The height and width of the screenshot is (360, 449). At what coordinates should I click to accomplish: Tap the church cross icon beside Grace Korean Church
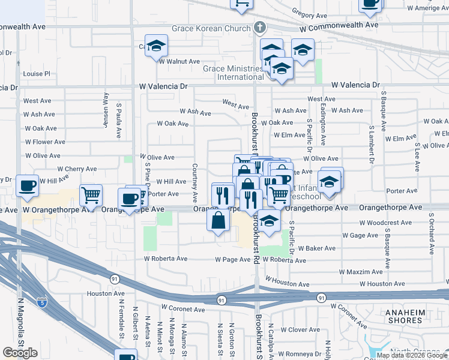pyautogui.click(x=259, y=28)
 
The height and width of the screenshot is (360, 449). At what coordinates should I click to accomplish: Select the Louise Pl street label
pyautogui.click(x=37, y=74)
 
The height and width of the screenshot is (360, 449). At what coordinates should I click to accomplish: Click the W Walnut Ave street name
pyautogui.click(x=179, y=61)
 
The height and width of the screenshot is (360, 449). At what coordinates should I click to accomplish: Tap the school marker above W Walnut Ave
pyautogui.click(x=156, y=46)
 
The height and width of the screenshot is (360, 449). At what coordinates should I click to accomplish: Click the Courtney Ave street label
pyautogui.click(x=195, y=183)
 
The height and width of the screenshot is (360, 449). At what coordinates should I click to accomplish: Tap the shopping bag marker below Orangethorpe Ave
pyautogui.click(x=218, y=220)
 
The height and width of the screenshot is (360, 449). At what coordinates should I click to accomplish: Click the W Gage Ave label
pyautogui.click(x=360, y=235)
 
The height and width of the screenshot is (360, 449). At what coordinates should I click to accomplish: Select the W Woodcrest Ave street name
pyautogui.click(x=388, y=223)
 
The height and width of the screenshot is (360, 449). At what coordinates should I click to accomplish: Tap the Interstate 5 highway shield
pyautogui.click(x=41, y=302)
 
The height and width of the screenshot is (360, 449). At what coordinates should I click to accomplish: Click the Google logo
pyautogui.click(x=20, y=352)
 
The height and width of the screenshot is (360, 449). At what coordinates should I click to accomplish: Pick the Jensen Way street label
pyautogui.click(x=106, y=107)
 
